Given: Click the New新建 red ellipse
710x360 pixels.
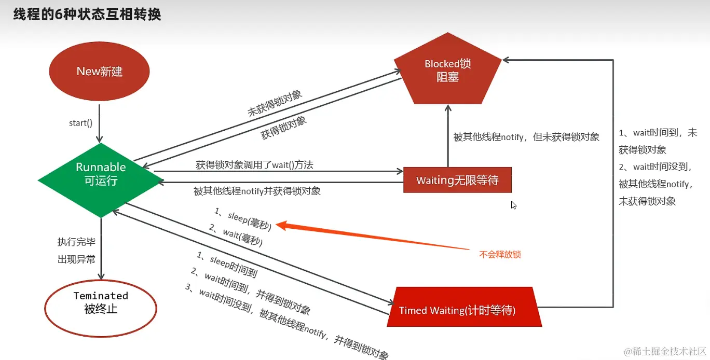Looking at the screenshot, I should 99,71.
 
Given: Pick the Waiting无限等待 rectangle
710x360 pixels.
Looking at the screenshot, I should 457,180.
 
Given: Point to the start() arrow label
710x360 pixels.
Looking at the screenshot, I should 80,123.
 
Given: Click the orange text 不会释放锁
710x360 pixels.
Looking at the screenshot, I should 500,254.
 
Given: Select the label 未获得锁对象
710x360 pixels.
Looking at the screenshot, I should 275,103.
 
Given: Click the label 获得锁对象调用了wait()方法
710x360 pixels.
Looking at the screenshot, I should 254,165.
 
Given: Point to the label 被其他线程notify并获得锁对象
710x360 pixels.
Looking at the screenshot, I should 257,191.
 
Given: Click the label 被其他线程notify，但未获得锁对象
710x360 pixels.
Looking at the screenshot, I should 526,137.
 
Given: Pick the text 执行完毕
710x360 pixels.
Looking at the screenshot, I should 76,242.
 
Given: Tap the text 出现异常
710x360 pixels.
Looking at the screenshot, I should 76,259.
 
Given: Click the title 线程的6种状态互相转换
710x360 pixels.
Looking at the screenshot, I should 87,14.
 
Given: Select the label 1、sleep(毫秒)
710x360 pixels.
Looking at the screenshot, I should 243,218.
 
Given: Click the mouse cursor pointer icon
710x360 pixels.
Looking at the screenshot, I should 513,204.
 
